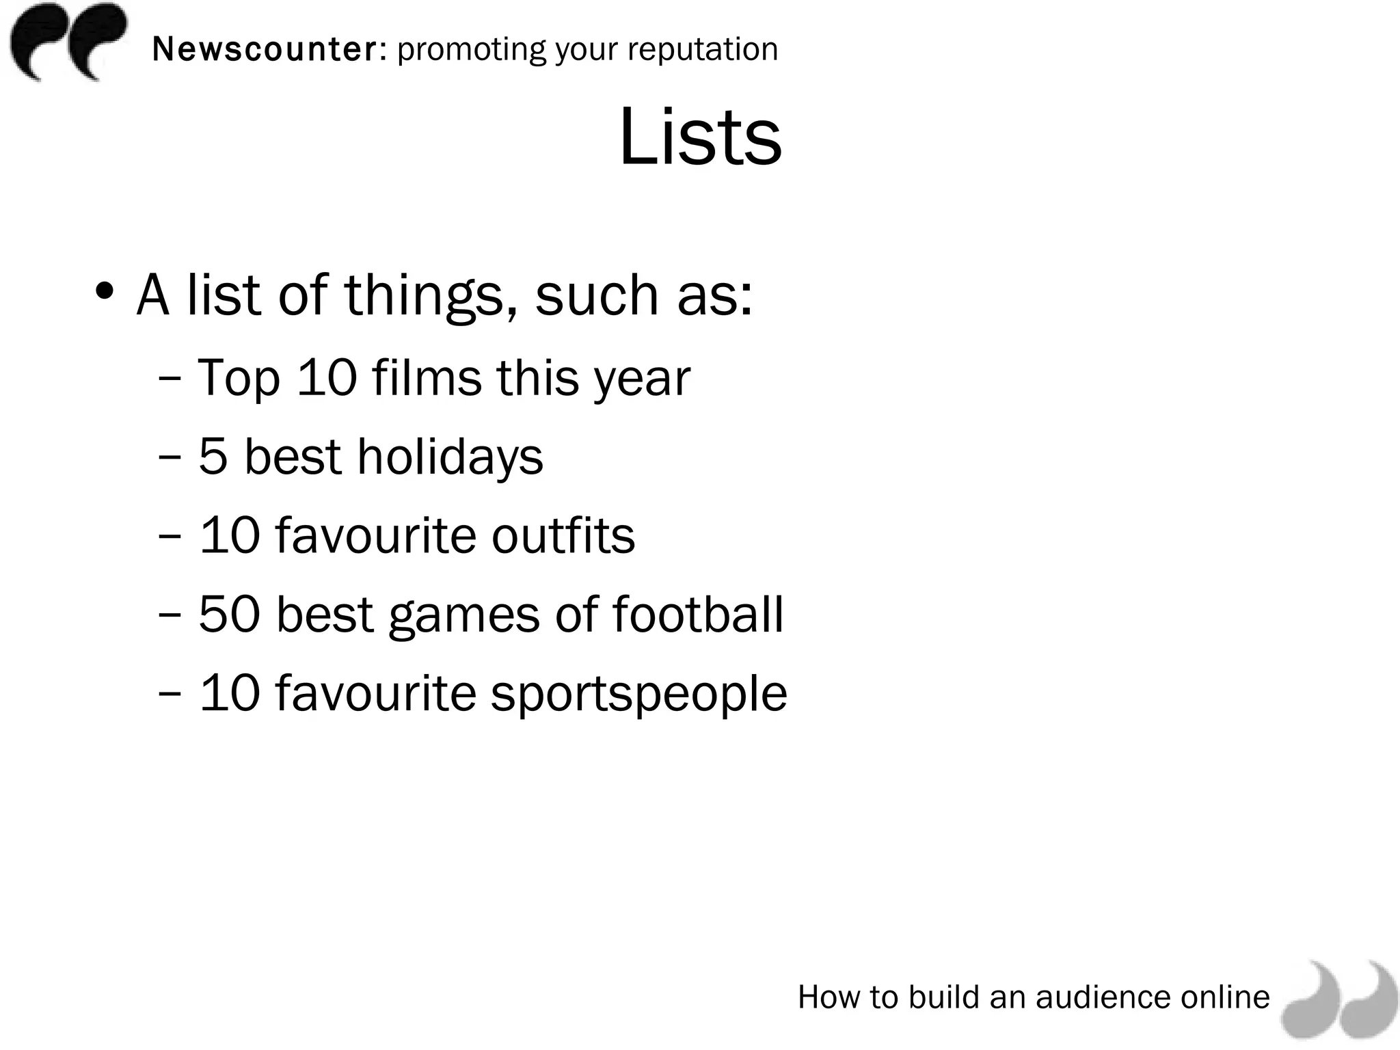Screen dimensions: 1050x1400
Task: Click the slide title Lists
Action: coord(700,137)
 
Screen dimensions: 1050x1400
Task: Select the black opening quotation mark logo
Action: coord(68,41)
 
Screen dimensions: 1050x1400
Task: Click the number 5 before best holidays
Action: coord(213,457)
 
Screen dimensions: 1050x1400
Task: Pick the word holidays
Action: coord(450,457)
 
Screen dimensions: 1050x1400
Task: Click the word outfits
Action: coord(563,535)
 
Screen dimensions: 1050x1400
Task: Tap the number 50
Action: coord(230,614)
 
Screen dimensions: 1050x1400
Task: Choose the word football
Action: coord(698,614)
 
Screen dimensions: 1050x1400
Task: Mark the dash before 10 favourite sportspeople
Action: coord(169,693)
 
